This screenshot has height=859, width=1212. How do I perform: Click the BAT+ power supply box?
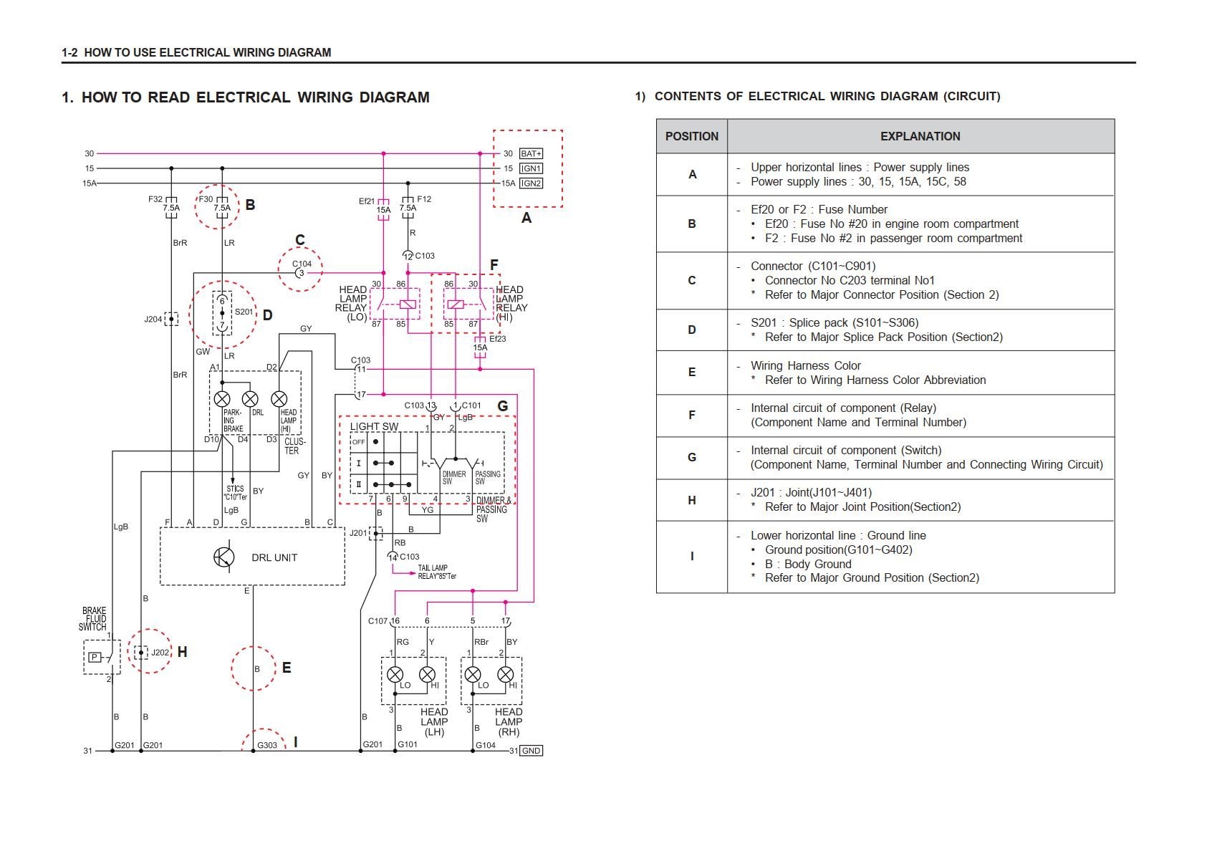point(531,153)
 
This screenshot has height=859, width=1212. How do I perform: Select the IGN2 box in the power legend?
point(531,183)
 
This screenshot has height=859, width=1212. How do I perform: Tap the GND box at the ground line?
point(531,751)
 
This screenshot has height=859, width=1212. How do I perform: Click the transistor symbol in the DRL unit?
point(224,557)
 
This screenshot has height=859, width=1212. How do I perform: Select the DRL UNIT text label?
point(274,557)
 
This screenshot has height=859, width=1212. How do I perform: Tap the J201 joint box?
point(375,532)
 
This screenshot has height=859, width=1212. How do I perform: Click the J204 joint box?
point(171,319)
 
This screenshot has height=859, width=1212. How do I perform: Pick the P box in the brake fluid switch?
point(95,657)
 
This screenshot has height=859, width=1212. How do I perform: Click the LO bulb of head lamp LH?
point(395,674)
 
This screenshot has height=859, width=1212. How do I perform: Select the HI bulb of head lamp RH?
point(505,674)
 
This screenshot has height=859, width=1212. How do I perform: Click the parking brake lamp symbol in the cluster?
point(222,399)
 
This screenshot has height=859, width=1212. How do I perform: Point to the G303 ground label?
point(267,745)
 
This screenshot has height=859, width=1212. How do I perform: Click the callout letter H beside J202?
point(182,652)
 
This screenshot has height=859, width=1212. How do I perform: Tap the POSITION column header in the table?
point(691,136)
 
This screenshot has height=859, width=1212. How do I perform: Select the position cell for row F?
point(691,415)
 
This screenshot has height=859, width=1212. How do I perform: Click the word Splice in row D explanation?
point(804,322)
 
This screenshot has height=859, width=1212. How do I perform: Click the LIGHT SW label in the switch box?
point(374,427)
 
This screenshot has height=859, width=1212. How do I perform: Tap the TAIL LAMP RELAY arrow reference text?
point(437,572)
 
